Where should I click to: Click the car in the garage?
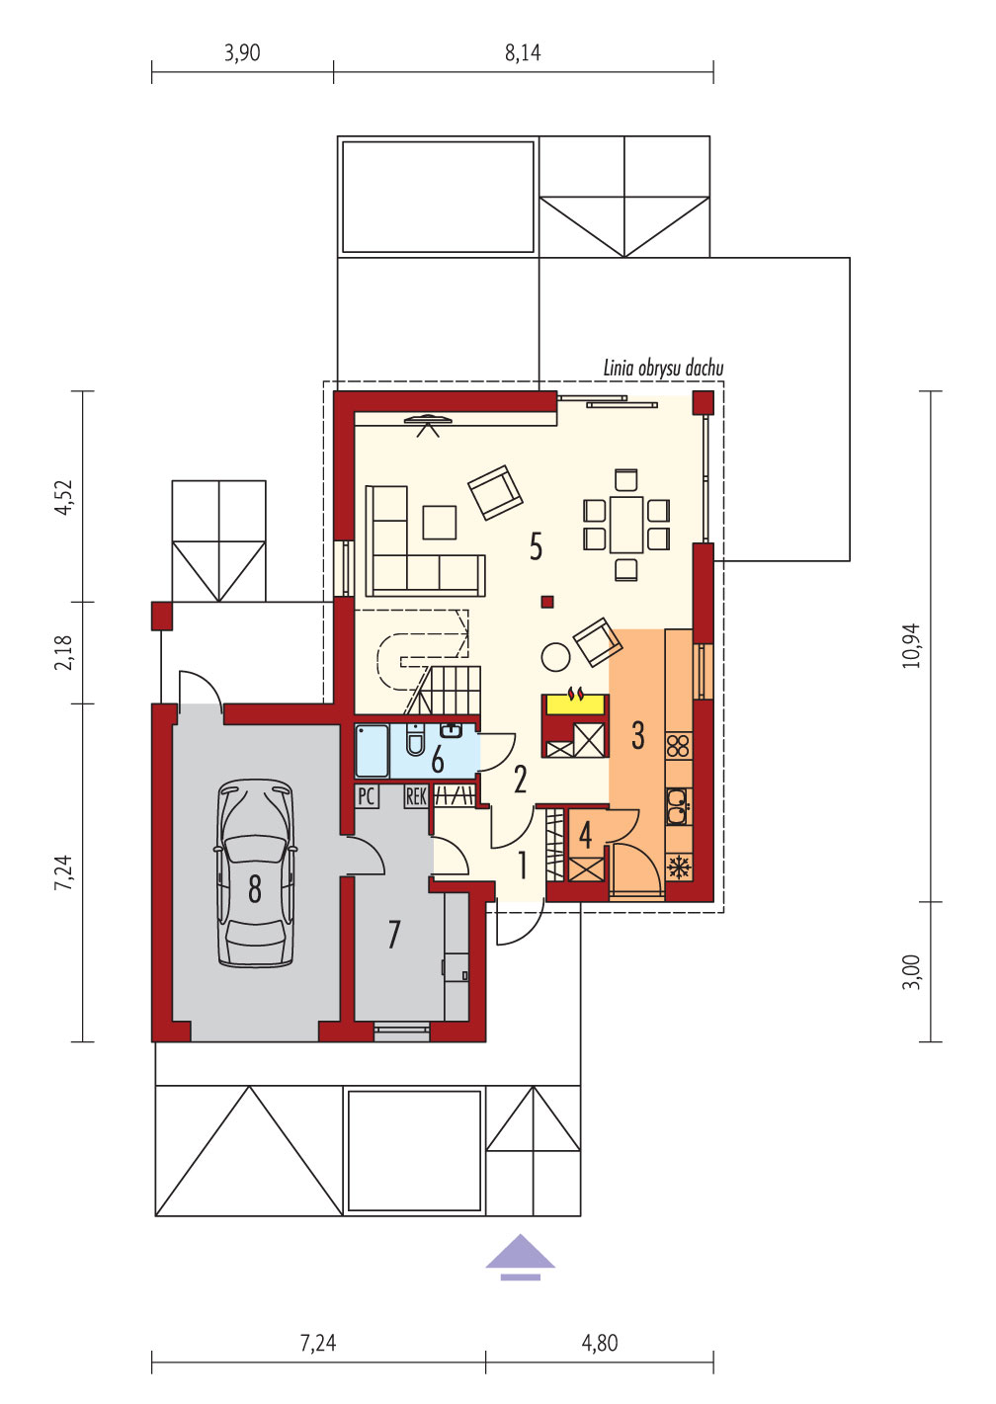coord(255,873)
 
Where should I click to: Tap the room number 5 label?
coord(536,546)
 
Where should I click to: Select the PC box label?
coord(367,796)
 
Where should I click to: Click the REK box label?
coord(416,796)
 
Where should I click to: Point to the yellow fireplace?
coord(575,703)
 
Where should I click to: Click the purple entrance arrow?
coord(521,1256)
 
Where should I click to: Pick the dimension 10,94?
coord(913,645)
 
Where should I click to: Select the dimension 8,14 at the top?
coord(523,53)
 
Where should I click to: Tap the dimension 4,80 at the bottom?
coord(600,1343)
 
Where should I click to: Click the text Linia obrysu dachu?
coord(663,368)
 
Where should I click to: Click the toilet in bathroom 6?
coord(415,740)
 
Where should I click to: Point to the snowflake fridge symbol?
coord(678,867)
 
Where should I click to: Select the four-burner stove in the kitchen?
coord(678,747)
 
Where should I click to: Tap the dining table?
coord(626,525)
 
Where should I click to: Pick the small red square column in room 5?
coord(547,603)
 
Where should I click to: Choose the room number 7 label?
coord(393,935)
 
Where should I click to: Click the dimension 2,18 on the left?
coord(64,652)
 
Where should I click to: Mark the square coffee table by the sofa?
coord(440,523)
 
